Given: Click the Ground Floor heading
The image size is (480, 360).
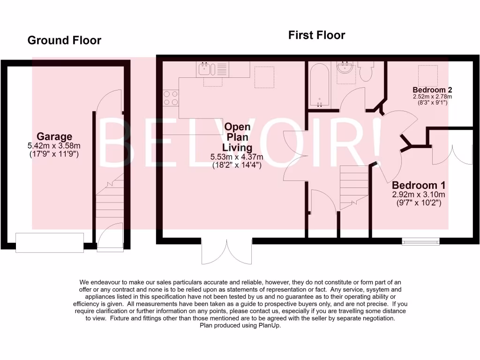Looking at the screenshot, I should pos(64,40).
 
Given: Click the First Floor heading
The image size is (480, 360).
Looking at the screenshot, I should pos(316,35).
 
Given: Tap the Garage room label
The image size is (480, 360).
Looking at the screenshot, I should pos(55,136).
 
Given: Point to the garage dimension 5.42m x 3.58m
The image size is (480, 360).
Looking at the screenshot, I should pos(55,146).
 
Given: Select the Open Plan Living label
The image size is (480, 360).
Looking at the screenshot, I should pos(237,137).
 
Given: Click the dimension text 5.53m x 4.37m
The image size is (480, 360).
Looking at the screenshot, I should pos(237,157).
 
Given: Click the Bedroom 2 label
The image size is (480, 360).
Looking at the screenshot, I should pos(432,90).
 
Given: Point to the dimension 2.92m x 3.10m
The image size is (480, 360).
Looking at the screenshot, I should pos(419,195).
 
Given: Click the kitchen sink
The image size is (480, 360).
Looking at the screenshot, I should pos(206,69).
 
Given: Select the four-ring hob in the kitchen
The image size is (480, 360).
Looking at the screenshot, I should pos(170,97).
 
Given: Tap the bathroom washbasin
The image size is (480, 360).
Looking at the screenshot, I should pos(346,68).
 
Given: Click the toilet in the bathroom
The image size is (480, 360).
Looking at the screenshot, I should pos(365,71).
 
